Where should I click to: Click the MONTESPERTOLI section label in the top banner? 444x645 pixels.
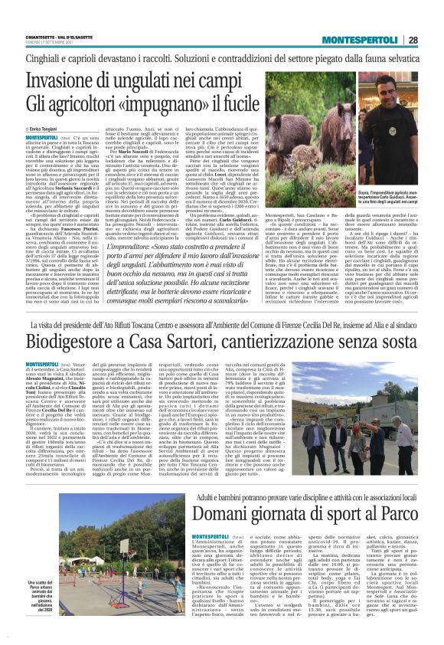click(x=361, y=40)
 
